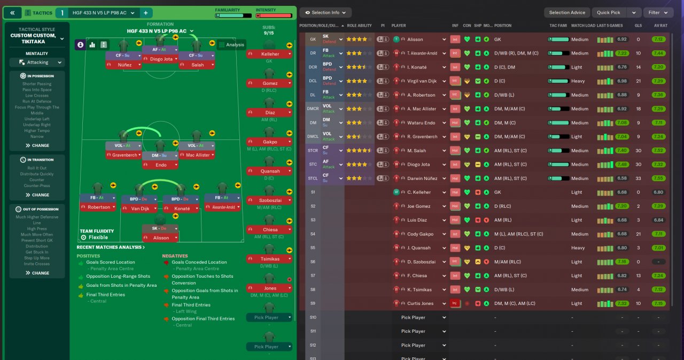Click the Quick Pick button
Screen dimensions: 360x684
coord(609,12)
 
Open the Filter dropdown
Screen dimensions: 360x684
coord(657,12)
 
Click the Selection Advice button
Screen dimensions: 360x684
coord(567,12)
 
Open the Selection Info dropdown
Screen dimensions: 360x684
coord(325,12)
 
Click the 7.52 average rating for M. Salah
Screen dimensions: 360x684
coord(658,151)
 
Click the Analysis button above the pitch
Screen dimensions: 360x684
coord(231,45)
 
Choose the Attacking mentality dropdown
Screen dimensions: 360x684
coord(37,62)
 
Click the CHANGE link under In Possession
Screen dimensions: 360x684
coord(37,145)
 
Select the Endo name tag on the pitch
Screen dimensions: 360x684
coord(160,165)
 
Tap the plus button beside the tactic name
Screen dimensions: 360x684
coord(146,12)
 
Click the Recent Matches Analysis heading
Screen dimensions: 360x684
coord(111,247)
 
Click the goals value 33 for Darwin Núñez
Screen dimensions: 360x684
coord(638,178)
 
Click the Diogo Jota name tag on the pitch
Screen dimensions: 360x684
coord(160,59)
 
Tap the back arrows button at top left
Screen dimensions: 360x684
coord(12,12)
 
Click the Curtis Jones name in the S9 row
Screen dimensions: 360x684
coord(419,303)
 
